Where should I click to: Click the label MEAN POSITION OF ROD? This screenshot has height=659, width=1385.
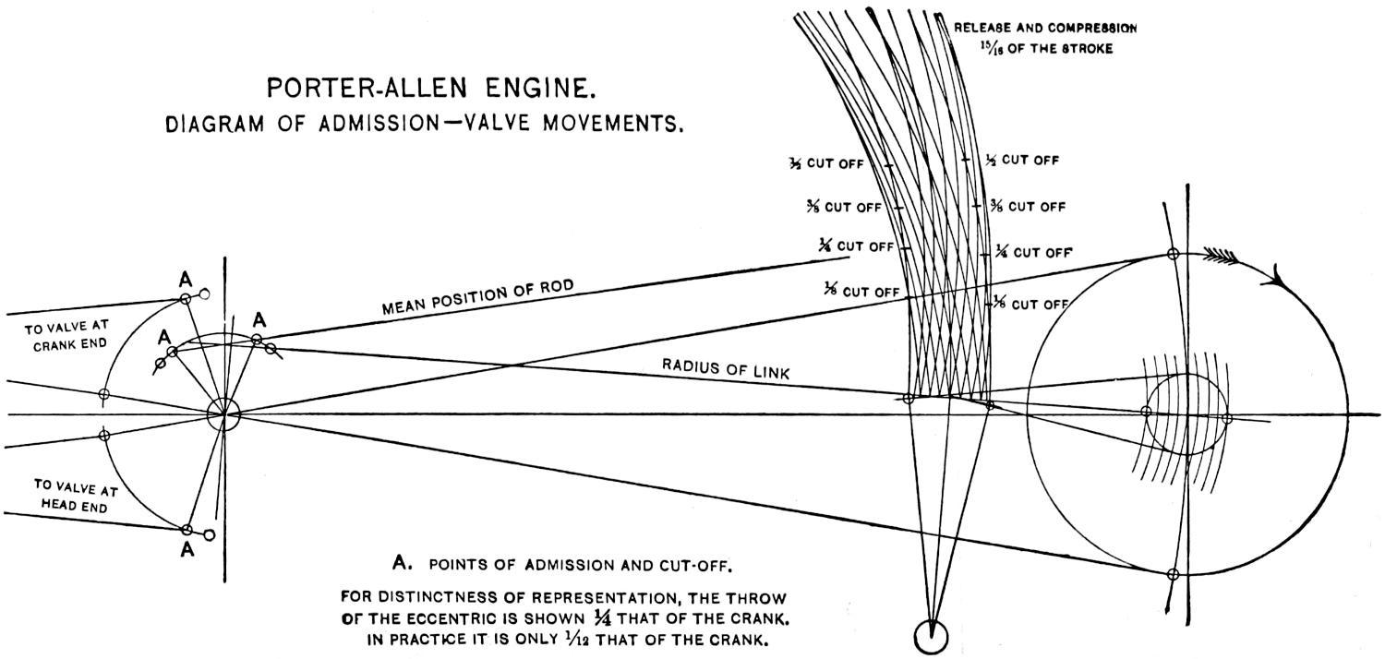477,298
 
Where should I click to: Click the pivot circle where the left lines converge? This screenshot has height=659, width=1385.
223,414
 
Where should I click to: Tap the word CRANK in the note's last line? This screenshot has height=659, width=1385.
740,636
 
